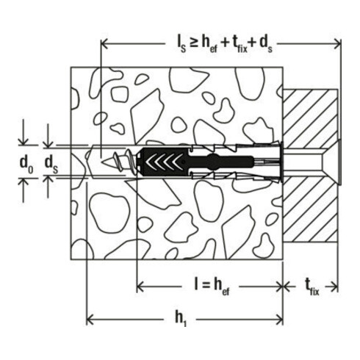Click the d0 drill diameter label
[x=26, y=162]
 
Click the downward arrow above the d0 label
[x=26, y=138]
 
